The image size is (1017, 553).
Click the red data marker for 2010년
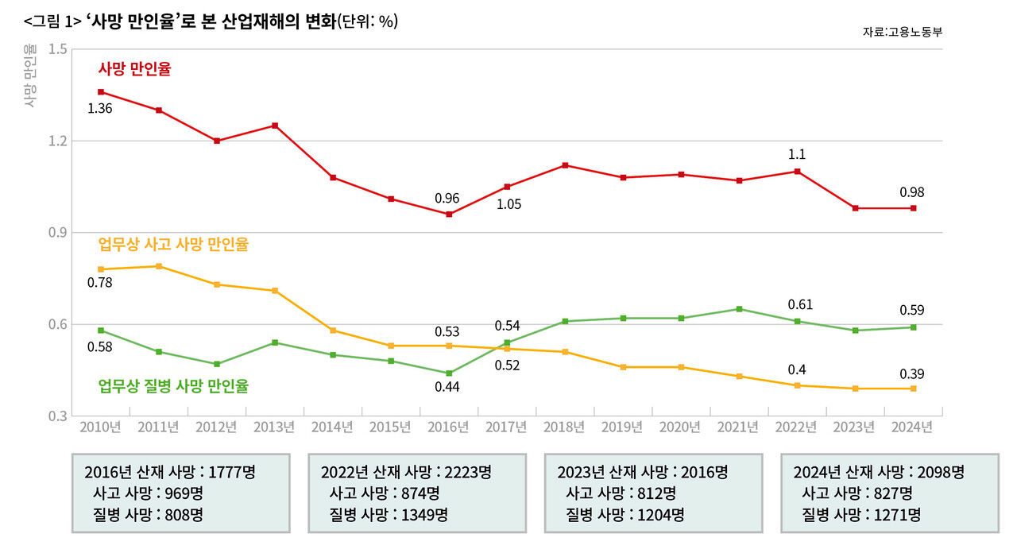[101, 92]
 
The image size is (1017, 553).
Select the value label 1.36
[99, 108]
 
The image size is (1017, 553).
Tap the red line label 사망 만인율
[134, 69]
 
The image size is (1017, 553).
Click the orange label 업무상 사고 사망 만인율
[172, 245]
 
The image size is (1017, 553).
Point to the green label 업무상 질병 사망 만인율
[172, 386]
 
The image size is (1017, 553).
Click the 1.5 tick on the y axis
[57, 49]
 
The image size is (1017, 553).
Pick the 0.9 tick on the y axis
[57, 233]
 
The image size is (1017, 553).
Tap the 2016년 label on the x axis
[448, 427]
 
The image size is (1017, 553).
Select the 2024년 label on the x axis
[912, 427]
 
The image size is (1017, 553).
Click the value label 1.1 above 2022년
[796, 155]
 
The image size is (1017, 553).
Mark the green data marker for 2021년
[739, 309]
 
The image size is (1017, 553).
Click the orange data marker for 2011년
[159, 266]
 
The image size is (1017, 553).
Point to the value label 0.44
[448, 386]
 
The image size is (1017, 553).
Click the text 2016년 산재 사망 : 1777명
[169, 472]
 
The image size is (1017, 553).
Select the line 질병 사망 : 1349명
[389, 514]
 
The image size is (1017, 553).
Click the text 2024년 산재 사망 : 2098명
[879, 472]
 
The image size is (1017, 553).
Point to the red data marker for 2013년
[275, 126]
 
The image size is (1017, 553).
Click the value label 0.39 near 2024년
[912, 373]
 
